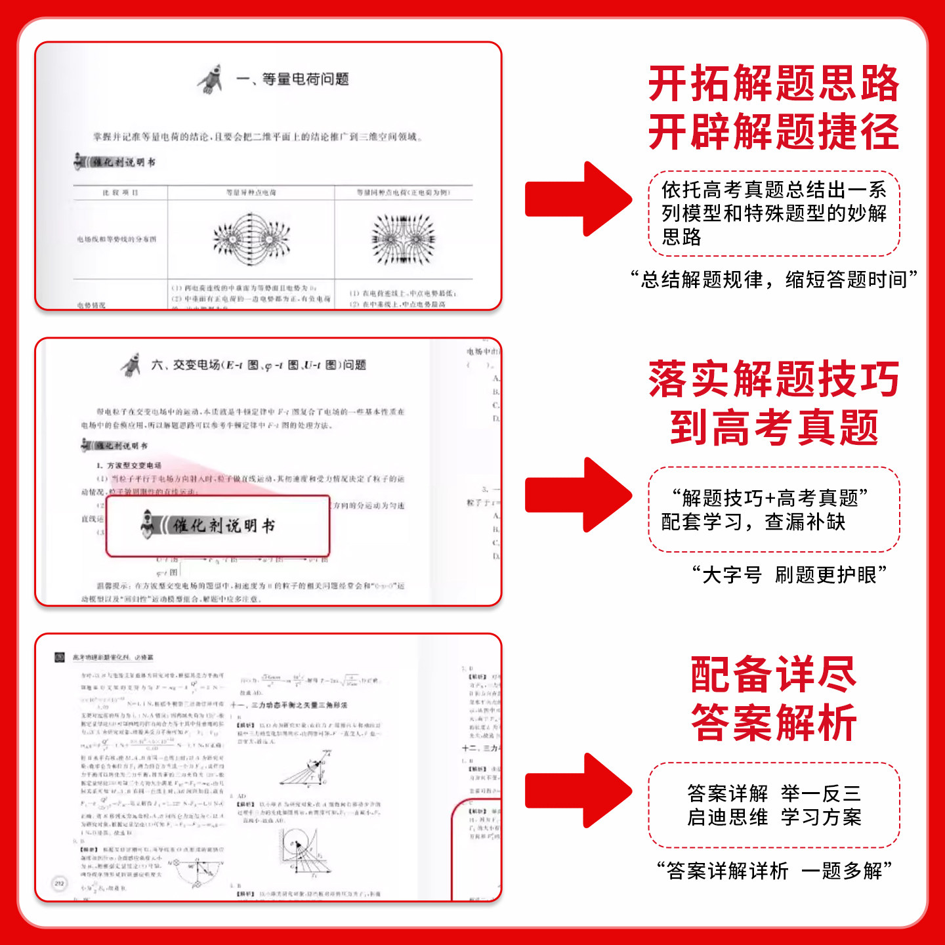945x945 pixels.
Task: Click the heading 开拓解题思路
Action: click(x=774, y=84)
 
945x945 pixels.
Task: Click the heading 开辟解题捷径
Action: click(x=774, y=132)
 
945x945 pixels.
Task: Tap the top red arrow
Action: click(x=577, y=199)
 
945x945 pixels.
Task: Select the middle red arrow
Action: click(x=577, y=495)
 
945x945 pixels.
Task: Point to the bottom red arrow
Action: click(x=577, y=791)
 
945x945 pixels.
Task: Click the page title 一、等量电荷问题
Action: click(x=292, y=79)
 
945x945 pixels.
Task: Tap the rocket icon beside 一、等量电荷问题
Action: click(x=211, y=79)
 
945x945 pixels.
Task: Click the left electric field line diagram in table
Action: click(x=251, y=239)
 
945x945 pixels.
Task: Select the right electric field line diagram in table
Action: click(x=403, y=239)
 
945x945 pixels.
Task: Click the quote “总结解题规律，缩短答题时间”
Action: click(x=774, y=280)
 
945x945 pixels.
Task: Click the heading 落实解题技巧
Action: click(x=774, y=379)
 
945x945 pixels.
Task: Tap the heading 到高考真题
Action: click(x=774, y=428)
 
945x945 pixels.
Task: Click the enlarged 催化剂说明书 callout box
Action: click(x=218, y=526)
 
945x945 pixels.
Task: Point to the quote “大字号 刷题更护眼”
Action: click(x=789, y=575)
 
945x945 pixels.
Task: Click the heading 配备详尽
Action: click(x=774, y=675)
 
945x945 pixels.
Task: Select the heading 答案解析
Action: click(x=774, y=723)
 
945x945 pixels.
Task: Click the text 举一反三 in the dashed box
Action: click(x=821, y=793)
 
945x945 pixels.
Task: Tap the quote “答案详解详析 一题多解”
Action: click(x=774, y=871)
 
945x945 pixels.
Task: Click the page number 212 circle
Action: click(x=59, y=883)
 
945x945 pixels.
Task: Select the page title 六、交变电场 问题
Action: click(x=258, y=365)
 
